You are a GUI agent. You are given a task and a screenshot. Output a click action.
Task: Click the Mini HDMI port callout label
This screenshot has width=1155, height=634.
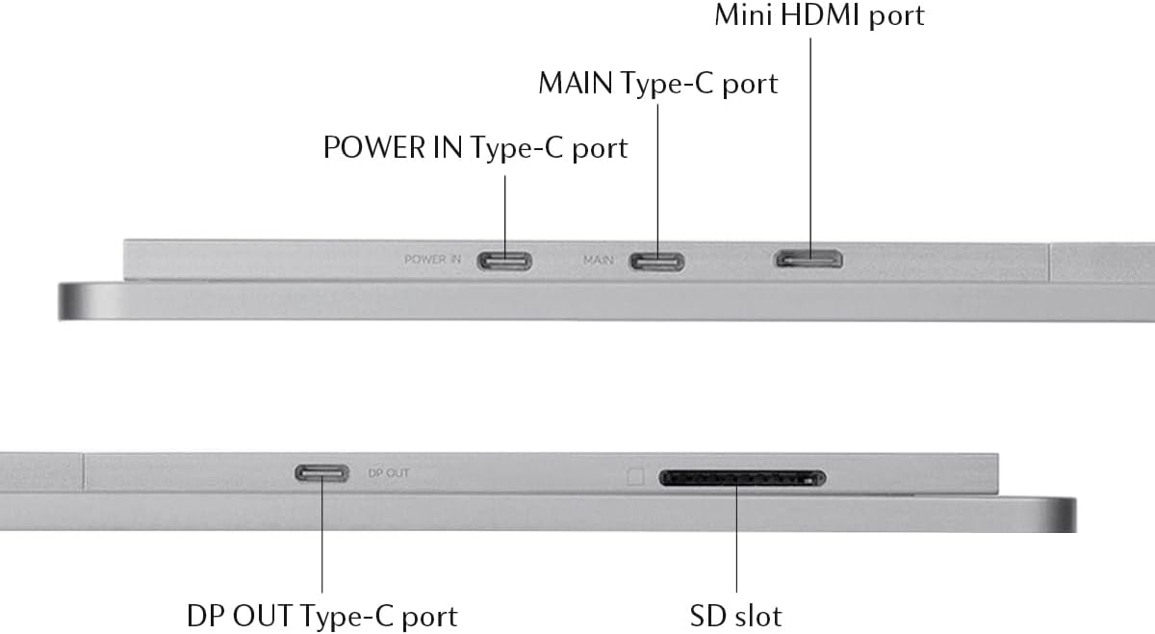(819, 16)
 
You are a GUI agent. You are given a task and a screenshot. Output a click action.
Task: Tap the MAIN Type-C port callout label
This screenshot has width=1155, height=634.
(657, 84)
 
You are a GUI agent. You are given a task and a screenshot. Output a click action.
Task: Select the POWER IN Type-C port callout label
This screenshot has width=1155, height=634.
(475, 148)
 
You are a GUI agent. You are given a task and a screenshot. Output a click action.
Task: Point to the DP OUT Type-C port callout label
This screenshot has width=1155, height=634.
(321, 615)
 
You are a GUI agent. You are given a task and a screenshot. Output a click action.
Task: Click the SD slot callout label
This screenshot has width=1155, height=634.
(736, 615)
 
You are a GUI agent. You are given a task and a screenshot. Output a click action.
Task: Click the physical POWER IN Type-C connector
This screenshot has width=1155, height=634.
(506, 261)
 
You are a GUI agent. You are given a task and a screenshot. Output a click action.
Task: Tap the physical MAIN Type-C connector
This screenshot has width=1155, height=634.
(657, 261)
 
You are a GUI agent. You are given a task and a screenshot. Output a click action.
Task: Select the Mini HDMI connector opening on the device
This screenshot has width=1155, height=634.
(809, 259)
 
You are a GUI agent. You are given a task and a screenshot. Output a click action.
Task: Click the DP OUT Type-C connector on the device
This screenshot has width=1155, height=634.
(321, 473)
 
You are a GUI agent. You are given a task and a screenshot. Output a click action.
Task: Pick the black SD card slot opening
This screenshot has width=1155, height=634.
(742, 478)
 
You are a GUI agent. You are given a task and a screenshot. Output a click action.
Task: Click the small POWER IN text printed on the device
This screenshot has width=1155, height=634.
(433, 260)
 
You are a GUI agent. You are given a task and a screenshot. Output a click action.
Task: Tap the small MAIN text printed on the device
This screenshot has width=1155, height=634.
(599, 260)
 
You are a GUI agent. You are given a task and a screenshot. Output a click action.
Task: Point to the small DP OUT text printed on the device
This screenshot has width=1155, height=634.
(389, 473)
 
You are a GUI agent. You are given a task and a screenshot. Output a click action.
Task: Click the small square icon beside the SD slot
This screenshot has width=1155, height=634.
(635, 476)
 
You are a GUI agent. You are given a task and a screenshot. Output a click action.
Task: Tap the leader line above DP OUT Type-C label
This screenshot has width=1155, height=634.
(321, 539)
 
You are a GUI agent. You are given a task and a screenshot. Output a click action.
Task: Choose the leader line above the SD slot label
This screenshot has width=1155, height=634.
(736, 539)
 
